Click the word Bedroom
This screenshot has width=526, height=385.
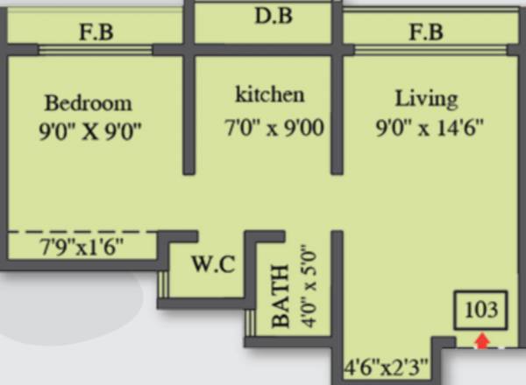(x=89, y=102)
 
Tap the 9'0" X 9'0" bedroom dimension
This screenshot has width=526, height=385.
(x=89, y=131)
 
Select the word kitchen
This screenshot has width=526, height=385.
(x=269, y=94)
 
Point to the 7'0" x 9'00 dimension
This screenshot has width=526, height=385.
(x=274, y=129)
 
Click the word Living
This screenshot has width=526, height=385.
(x=425, y=96)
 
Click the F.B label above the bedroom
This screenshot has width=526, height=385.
(x=96, y=34)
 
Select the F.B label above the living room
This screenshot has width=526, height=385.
(x=424, y=32)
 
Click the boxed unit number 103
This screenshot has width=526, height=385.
(x=481, y=310)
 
